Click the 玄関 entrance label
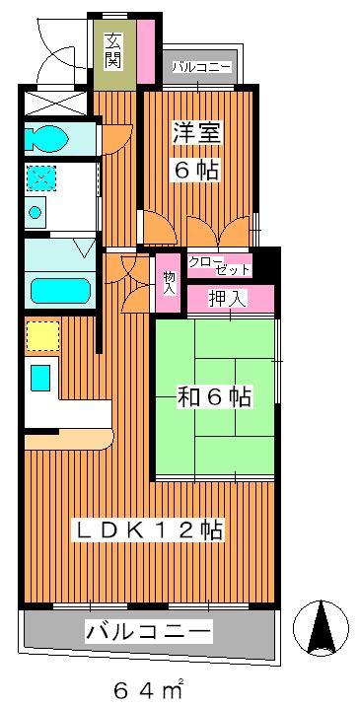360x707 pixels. coord(112,50)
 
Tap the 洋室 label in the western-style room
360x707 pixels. coord(197,133)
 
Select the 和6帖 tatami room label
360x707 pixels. coord(213,397)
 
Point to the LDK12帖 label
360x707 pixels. coord(149,530)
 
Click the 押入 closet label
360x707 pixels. coord(228,299)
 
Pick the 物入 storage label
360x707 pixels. coord(169,283)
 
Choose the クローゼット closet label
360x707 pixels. coord(219,265)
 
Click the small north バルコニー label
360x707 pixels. coord(201,68)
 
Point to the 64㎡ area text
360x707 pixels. coord(148,688)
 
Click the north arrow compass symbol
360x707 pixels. coord(321,628)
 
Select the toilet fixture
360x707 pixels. coord(46,137)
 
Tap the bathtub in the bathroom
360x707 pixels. coord(60,291)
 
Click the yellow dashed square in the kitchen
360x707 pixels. coord(42,335)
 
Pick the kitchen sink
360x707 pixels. coord(39,378)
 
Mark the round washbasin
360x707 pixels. coord(35,211)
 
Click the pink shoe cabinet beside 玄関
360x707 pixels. coord(146,50)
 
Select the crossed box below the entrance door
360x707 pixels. coord(54,103)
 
